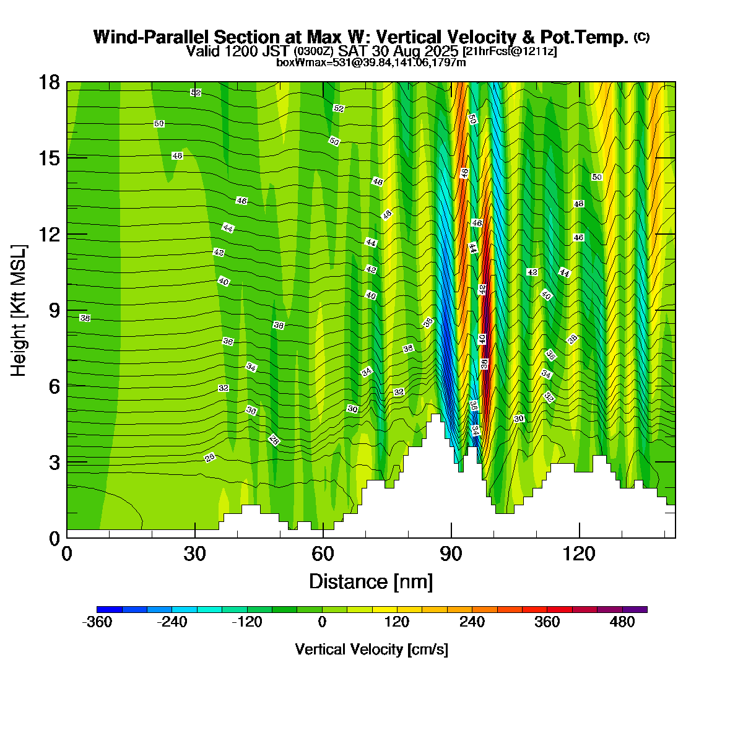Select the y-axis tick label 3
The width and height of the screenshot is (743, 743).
[54, 462]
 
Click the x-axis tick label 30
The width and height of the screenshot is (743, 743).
[195, 553]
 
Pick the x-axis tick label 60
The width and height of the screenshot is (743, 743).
[323, 553]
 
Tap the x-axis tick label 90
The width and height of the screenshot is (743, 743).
[451, 553]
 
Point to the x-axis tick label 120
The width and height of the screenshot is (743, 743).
[579, 553]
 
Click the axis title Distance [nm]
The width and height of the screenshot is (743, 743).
[371, 582]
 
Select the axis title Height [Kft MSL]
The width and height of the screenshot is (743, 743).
[19, 311]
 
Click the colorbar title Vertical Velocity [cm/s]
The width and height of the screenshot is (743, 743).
[371, 650]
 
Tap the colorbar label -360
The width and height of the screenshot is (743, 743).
[97, 622]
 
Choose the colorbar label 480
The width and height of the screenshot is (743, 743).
[622, 622]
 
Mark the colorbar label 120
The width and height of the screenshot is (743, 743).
[397, 622]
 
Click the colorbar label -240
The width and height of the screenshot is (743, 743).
[172, 622]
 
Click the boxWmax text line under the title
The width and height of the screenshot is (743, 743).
[371, 62]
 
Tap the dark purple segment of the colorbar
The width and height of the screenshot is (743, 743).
[635, 609]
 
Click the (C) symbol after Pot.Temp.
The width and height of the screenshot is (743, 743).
[641, 37]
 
